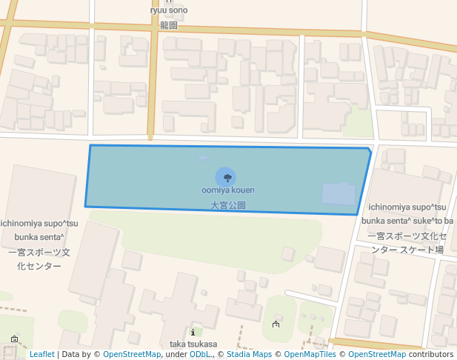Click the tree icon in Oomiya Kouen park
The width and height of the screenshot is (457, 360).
click(x=227, y=177)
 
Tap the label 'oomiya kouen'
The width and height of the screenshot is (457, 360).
click(x=228, y=190)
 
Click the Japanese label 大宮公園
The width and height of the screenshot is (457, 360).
click(x=228, y=205)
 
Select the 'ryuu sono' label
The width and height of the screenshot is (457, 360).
click(x=169, y=10)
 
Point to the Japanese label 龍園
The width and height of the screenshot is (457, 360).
click(x=169, y=24)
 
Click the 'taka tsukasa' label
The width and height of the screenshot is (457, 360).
click(x=193, y=344)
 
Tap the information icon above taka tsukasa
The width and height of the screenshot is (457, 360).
click(x=193, y=333)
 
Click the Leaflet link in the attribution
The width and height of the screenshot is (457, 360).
click(x=41, y=355)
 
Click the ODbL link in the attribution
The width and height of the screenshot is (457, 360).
click(x=201, y=355)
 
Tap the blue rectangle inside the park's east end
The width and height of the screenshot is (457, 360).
click(x=338, y=193)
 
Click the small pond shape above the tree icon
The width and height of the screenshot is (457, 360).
click(x=204, y=158)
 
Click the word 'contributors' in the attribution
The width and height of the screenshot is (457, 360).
click(x=431, y=355)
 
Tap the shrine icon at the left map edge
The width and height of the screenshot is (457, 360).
click(x=14, y=339)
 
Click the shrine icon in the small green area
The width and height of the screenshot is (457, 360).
click(x=276, y=324)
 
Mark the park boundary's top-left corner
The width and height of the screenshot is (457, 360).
click(x=90, y=145)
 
